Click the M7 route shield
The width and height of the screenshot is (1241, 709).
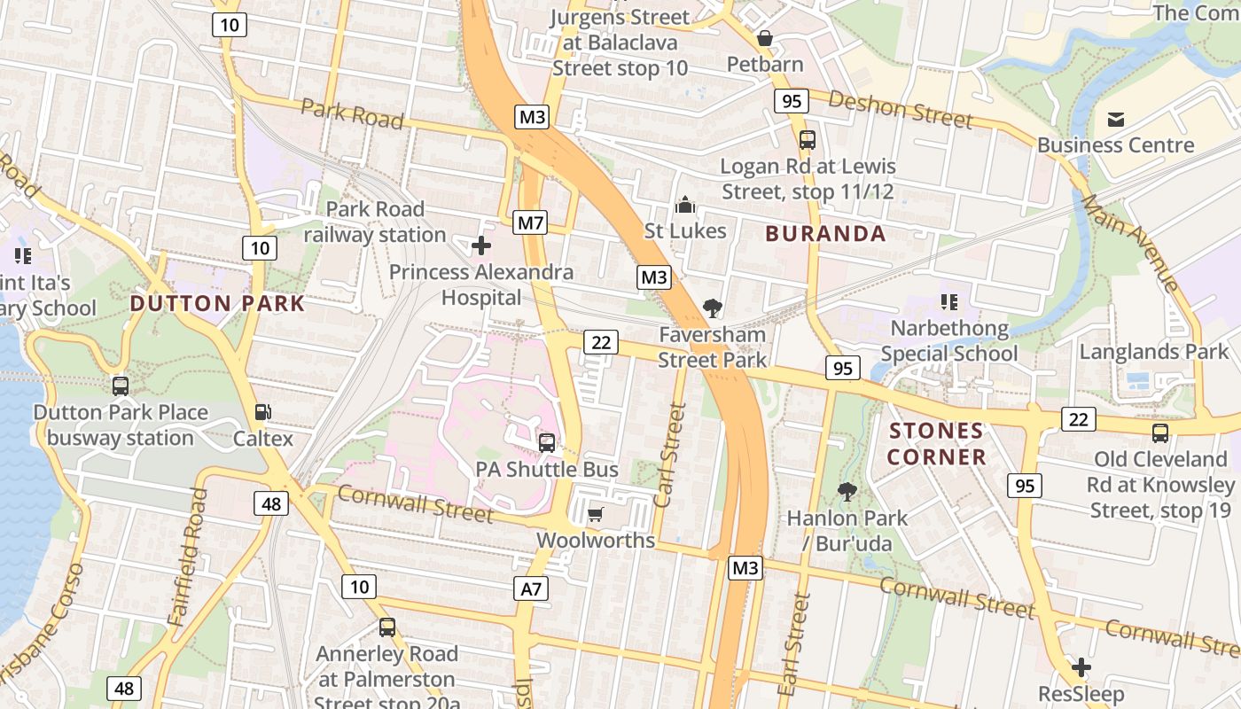click(x=530, y=222)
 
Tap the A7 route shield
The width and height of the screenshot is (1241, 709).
click(x=530, y=588)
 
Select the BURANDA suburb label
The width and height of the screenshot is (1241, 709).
click(x=825, y=234)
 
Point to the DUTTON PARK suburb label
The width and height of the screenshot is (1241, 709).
click(x=217, y=303)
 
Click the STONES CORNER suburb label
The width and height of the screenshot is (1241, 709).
click(x=936, y=444)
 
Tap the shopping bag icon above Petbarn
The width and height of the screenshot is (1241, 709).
click(x=764, y=39)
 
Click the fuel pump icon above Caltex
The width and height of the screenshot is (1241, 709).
click(x=262, y=412)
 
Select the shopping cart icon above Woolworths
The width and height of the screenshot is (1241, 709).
click(x=595, y=515)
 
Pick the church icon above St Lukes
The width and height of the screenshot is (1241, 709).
click(x=684, y=206)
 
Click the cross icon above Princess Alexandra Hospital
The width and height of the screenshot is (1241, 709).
click(x=481, y=245)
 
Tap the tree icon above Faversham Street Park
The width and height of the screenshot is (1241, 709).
click(x=711, y=308)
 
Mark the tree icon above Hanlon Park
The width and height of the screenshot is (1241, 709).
click(x=847, y=491)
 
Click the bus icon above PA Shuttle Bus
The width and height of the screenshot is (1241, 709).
click(x=547, y=443)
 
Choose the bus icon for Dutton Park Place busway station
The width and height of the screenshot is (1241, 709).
click(x=121, y=386)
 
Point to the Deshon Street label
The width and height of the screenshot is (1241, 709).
click(x=900, y=109)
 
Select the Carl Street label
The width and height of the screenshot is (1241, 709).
click(x=671, y=456)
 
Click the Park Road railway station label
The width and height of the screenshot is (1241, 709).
click(x=375, y=222)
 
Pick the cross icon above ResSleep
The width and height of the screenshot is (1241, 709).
click(x=1081, y=667)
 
